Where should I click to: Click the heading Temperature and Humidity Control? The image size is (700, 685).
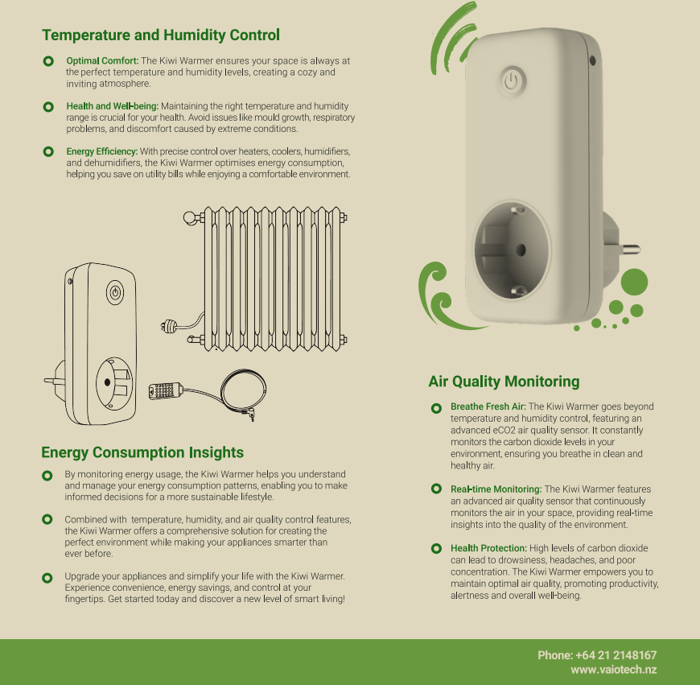161,35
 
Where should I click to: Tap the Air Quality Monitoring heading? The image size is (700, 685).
504,382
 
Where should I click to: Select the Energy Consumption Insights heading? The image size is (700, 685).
142,452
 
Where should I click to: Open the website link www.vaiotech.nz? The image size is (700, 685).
614,670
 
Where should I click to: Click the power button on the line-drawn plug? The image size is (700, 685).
115,293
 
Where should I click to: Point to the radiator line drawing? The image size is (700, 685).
266,279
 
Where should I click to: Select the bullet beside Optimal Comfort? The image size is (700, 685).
48,61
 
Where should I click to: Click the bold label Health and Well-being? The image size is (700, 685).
113,106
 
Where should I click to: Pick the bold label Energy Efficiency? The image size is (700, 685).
102,151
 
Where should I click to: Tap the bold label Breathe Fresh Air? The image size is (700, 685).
488,406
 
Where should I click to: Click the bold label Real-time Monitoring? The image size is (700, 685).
496,489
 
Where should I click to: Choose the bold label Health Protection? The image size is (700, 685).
488,548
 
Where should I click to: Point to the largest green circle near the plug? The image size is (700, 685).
634,282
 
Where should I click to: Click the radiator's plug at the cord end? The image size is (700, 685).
168,327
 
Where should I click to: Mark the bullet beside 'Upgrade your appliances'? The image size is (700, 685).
47,578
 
